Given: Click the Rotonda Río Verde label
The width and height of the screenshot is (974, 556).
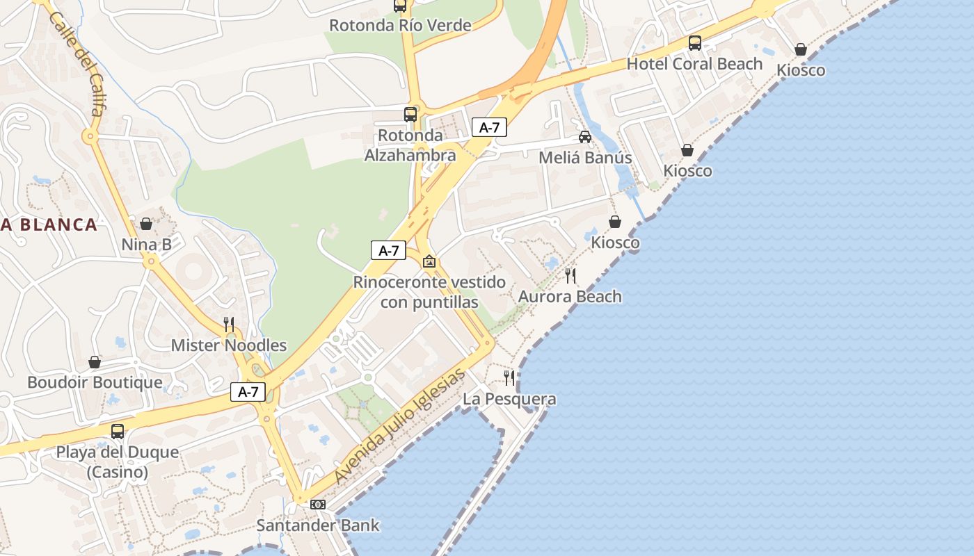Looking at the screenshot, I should [400, 26].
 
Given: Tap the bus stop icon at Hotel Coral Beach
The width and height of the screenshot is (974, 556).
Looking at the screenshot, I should [694, 43].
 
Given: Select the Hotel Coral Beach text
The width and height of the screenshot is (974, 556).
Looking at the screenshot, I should [694, 64].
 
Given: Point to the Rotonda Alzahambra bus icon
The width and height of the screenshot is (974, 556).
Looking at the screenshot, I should [410, 115].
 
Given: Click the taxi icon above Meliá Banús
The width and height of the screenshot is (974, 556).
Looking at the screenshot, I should [585, 137].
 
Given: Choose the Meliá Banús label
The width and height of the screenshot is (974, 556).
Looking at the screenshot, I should [585, 158].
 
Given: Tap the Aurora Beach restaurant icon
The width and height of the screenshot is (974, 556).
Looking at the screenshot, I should [570, 276].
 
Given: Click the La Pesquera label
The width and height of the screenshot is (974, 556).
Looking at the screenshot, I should [509, 399].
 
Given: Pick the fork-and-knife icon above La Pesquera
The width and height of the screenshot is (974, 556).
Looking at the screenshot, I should [509, 378].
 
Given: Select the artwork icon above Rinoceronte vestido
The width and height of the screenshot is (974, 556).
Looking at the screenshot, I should [429, 261].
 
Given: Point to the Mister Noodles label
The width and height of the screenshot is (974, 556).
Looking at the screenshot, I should [228, 345].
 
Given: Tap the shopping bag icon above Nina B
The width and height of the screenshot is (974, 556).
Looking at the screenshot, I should [146, 224].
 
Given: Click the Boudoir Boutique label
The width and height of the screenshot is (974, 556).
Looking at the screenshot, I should [95, 382].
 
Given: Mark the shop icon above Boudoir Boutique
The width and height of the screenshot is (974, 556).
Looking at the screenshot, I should [95, 362].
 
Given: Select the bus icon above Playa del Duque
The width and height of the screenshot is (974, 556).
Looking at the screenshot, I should [118, 431].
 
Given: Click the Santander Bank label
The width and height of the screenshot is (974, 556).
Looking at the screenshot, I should [318, 525].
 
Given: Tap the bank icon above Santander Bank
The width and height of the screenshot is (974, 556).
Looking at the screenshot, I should [318, 504].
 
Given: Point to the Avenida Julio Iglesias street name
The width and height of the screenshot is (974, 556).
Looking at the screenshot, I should [399, 427].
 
